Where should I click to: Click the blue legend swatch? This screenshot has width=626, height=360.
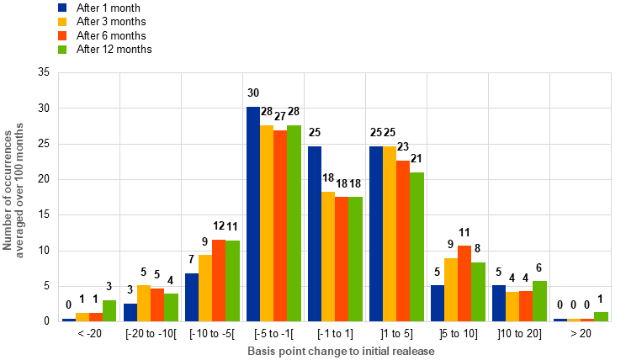62,8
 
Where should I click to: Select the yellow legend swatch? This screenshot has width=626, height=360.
62,22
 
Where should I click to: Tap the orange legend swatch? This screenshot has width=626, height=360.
62,36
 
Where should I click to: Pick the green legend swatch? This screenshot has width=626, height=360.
62,50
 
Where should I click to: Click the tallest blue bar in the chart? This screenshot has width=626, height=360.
253,214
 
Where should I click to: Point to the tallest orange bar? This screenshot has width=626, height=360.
280,225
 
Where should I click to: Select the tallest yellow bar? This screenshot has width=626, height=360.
267,223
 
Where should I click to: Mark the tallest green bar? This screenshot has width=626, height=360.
294,223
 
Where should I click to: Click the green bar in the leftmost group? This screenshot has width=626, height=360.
109,310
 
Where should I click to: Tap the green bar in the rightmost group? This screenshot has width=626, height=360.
601,316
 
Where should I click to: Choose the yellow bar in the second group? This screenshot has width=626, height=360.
144,303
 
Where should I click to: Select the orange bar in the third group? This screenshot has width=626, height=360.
219,280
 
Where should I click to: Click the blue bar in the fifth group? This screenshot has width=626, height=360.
315,233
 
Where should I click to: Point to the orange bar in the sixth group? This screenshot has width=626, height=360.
403,241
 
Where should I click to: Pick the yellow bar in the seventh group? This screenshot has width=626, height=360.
451,289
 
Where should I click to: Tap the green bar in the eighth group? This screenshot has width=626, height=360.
539,300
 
